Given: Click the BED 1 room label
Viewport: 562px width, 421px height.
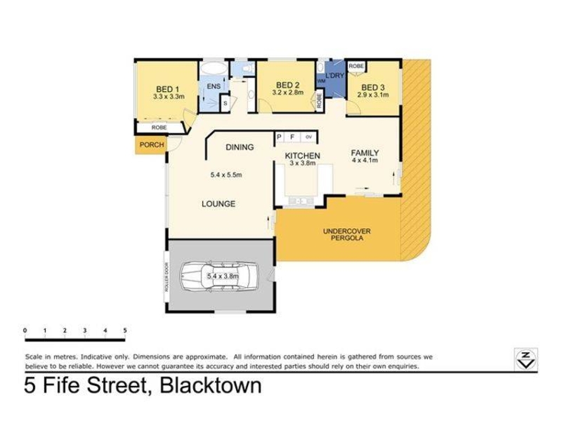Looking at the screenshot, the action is pos(167,89).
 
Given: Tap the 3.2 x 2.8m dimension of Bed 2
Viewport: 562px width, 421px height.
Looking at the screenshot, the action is pos(288,93).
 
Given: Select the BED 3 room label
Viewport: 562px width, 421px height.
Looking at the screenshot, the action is pos(373,87).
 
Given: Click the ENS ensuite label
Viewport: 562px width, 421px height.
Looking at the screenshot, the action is pos(214,86).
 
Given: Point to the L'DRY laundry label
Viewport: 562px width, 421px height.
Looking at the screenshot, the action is pos(334,76).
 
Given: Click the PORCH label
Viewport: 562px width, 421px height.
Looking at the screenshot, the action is pos(152,145).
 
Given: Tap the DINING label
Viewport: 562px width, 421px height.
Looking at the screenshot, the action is pos(240,147).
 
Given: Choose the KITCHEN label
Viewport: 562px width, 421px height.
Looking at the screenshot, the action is pos(303,156).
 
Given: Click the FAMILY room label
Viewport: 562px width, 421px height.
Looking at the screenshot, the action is pos(365,153).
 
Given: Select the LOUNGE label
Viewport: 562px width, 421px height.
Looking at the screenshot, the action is pos(218,203).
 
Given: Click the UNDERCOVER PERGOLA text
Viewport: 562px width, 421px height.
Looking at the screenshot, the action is pos(346,234).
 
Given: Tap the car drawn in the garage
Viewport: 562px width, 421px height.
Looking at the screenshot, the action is pos(218,276).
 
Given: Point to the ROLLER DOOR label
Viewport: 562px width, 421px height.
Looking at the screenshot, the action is pos(166,277).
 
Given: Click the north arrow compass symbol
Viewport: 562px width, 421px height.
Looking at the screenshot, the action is pos(525,359).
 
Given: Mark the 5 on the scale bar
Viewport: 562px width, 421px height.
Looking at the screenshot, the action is pos(125,330).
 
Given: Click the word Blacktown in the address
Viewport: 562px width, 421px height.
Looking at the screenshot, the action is pos(210,385).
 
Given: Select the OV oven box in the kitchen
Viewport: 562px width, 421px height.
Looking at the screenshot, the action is pos(308,137).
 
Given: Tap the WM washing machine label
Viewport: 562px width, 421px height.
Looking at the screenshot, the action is pos(321,81).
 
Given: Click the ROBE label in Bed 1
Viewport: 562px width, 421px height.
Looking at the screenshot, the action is pos(159,128).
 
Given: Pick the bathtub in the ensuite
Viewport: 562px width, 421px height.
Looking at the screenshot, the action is pos(213,68).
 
